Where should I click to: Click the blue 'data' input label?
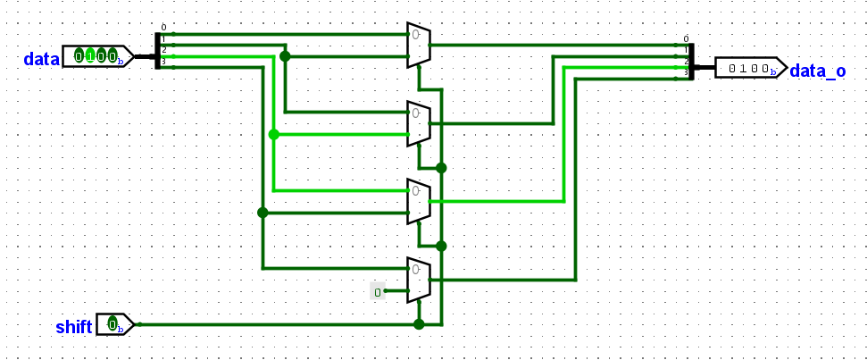[41, 59]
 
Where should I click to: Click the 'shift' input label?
[73, 326]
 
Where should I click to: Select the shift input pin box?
[114, 324]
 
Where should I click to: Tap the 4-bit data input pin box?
[96, 57]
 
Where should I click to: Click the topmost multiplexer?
[418, 45]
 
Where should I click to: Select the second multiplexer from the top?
[418, 123]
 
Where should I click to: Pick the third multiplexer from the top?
[418, 202]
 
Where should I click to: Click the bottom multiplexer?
[418, 280]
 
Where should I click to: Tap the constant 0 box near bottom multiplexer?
[378, 291]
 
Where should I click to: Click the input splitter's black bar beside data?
[157, 50]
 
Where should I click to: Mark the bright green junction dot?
[273, 134]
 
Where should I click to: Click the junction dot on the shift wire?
[419, 324]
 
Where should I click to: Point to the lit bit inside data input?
[90, 56]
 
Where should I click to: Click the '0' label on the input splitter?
[163, 28]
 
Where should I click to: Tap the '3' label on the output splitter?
[686, 72]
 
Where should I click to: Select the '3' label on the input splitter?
[163, 62]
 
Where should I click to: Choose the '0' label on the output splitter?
[686, 38]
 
